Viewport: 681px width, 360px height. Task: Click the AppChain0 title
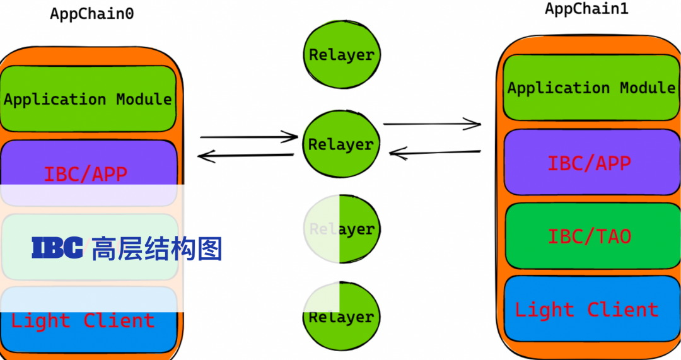coord(92,13)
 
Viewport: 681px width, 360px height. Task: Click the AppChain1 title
coord(586,9)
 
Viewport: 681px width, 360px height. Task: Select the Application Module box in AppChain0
coord(88,99)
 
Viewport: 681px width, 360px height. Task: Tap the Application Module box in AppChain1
coord(591,88)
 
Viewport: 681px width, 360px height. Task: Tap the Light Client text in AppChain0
coord(83,321)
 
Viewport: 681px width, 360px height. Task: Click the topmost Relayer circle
coord(341,55)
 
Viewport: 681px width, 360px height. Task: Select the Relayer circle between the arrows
coord(341,144)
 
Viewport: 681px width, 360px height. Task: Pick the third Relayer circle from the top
coord(341,229)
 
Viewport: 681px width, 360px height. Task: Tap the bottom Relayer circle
coord(341,316)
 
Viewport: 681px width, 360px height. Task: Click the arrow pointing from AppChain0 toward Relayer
coord(249,136)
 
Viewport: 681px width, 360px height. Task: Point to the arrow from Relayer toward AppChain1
coord(433,124)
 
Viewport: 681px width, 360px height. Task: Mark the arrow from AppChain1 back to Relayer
coord(435,152)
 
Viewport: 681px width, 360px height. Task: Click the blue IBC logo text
coord(57,248)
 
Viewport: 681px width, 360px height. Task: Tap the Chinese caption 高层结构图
coord(157,248)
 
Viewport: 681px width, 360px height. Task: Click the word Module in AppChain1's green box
coord(647,88)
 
